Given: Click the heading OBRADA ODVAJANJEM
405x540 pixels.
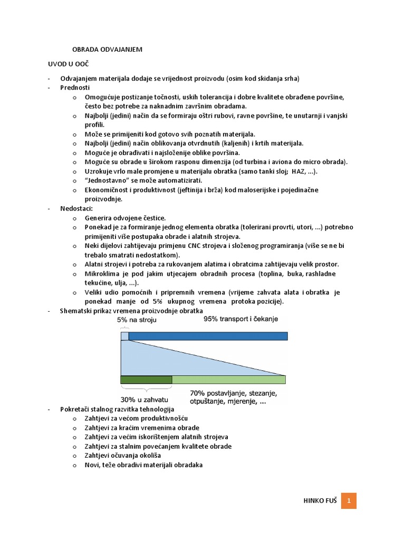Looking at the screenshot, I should pyautogui.click(x=107, y=49).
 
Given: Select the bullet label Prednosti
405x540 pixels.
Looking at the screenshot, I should pyautogui.click(x=75, y=88).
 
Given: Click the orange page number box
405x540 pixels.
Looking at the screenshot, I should pyautogui.click(x=349, y=500).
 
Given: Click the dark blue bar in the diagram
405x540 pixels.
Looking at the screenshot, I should pyautogui.click(x=208, y=336).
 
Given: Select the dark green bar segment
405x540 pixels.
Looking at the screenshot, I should pyautogui.click(x=146, y=379).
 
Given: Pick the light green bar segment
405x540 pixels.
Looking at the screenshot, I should pyautogui.click(x=228, y=379).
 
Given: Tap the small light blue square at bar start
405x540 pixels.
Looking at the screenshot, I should pyautogui.click(x=124, y=336).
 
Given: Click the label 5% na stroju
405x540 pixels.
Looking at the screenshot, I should pyautogui.click(x=137, y=319).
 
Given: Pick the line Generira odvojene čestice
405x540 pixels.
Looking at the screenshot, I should pyautogui.click(x=125, y=218).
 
